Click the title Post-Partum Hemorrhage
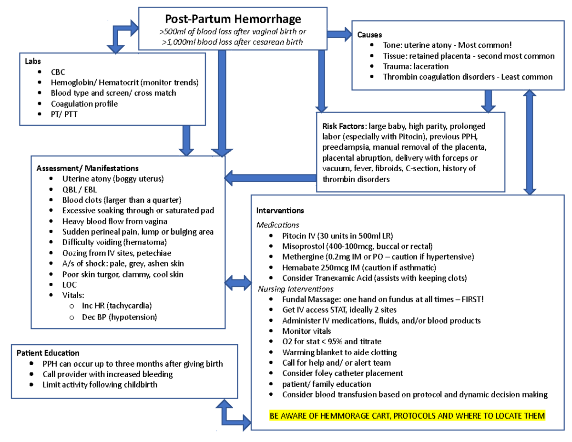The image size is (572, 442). click(x=233, y=19)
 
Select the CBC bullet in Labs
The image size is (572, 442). click(x=58, y=72)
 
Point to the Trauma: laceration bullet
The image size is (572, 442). click(x=415, y=66)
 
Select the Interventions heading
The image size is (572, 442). click(x=280, y=210)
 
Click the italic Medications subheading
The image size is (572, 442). click(x=277, y=225)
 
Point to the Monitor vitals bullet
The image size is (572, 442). click(x=306, y=331)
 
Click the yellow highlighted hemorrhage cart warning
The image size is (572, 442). click(x=407, y=416)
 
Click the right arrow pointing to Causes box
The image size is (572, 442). click(x=339, y=34)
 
